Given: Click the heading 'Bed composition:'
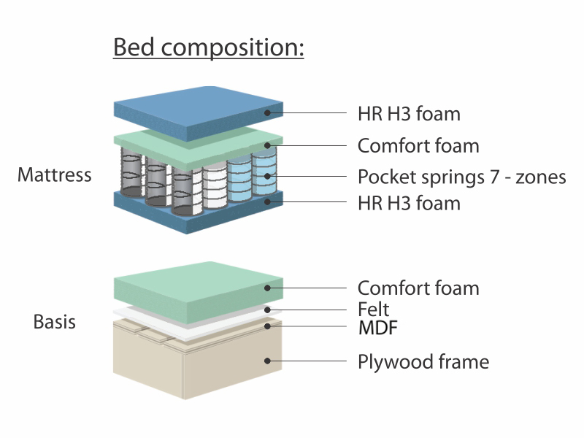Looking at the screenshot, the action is point(209,47).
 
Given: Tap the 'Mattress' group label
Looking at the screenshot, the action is point(54,174).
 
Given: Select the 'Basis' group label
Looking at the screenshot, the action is point(54,321).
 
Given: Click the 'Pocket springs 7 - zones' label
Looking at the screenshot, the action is point(462,177).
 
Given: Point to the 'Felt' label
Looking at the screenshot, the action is point(373,309).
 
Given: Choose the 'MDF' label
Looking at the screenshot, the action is point(378,328).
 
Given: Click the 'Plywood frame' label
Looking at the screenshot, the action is point(423,361).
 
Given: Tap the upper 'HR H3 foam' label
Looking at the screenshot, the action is point(409,114).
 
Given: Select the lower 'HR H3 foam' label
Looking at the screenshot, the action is point(409,204).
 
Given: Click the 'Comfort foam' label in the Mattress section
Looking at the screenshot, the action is point(418,145).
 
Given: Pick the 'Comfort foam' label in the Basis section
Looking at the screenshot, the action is point(418,288).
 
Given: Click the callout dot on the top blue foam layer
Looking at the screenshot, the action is point(267,112).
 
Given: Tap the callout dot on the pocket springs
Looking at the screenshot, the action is point(267,176).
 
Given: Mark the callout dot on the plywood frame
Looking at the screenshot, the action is point(267,361).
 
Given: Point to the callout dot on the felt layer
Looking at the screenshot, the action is point(267,310).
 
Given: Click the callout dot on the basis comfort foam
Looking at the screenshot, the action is point(267,288).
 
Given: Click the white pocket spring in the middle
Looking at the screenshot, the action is point(215,186).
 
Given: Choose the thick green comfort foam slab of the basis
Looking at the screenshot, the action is point(198,291).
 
